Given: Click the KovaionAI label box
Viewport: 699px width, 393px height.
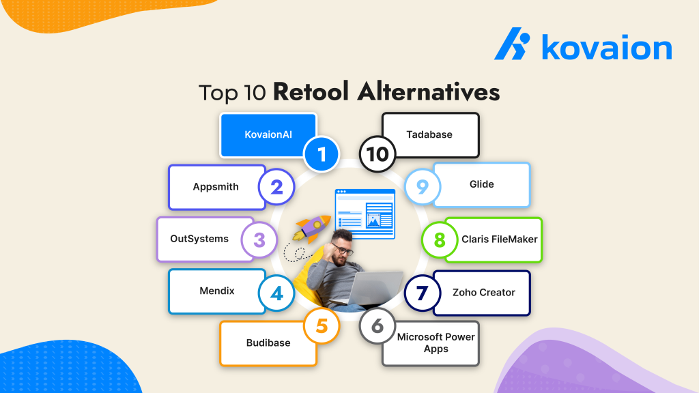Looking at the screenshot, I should (268, 134).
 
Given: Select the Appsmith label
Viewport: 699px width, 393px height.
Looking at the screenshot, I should (216, 187).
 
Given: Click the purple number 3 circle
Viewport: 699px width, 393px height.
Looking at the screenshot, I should (259, 239).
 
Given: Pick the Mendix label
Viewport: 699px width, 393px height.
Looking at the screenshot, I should (216, 291).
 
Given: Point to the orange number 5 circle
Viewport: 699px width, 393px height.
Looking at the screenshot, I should (321, 326).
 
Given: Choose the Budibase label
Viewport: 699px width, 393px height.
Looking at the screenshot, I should (268, 343).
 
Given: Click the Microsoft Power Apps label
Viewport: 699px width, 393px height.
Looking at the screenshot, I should (435, 343).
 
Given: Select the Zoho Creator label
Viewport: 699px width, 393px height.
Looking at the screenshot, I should (483, 292).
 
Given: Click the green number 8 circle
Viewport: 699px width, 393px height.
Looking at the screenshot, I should (439, 240).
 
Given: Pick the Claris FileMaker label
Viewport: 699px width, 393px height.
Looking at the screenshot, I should (498, 239).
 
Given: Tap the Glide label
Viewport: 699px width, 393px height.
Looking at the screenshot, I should (481, 184).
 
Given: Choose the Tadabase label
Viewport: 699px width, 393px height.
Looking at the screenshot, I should (429, 134).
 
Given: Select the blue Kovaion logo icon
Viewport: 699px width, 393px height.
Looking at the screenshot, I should (513, 46).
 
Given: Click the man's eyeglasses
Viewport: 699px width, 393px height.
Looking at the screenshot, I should (345, 249).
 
